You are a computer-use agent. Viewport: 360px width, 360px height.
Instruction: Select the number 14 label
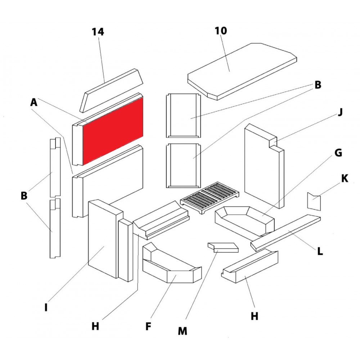pyautogui.click(x=98, y=32)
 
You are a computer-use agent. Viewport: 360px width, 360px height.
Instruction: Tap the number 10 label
pyautogui.click(x=221, y=31)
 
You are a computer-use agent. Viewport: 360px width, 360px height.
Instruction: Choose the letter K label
pyautogui.click(x=345, y=179)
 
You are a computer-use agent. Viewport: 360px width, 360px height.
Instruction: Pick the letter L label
pyautogui.click(x=320, y=251)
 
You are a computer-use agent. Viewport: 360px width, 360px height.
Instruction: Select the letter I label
pyautogui.click(x=46, y=308)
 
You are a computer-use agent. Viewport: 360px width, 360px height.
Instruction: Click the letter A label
pyautogui.click(x=34, y=103)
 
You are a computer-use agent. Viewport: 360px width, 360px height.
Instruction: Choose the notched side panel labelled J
pyautogui.click(x=263, y=166)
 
